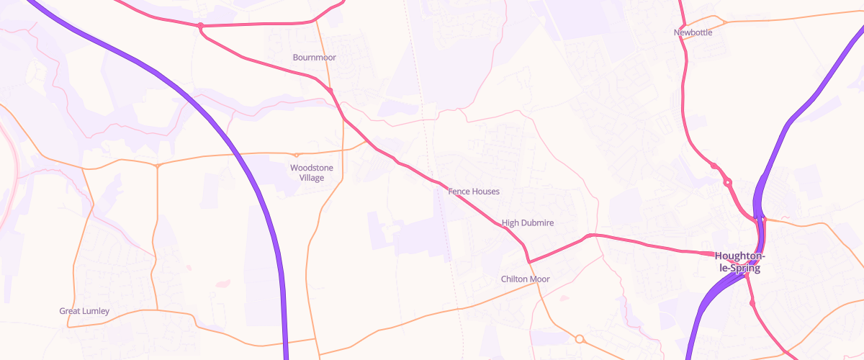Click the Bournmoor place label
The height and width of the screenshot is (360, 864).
coord(315,58)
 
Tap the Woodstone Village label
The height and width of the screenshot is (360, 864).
coord(312,173)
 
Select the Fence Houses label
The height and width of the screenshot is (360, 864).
coord(473,192)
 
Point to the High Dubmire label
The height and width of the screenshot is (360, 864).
coord(528,223)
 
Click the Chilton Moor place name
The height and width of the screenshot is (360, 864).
coord(525,279)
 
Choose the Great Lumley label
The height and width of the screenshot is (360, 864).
coord(84,311)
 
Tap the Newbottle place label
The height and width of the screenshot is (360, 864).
coord(693,32)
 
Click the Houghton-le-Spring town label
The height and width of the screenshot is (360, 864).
coord(739,262)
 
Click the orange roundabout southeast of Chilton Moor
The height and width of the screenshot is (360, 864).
coord(579,338)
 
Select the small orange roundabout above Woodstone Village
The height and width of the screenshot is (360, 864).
coord(296,155)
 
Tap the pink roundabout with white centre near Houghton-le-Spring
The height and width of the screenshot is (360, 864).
coord(728,183)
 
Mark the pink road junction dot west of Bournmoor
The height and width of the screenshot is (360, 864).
coord(200,26)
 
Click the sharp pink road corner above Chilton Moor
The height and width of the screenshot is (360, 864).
coord(528,261)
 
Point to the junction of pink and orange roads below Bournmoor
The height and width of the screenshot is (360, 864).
coord(330,89)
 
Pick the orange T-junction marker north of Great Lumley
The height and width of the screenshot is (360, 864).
coord(158,166)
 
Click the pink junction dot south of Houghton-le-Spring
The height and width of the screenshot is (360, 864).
coord(752,304)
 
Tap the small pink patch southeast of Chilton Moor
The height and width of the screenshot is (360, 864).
coord(564,297)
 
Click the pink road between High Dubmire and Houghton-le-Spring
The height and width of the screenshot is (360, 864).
coord(648,245)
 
